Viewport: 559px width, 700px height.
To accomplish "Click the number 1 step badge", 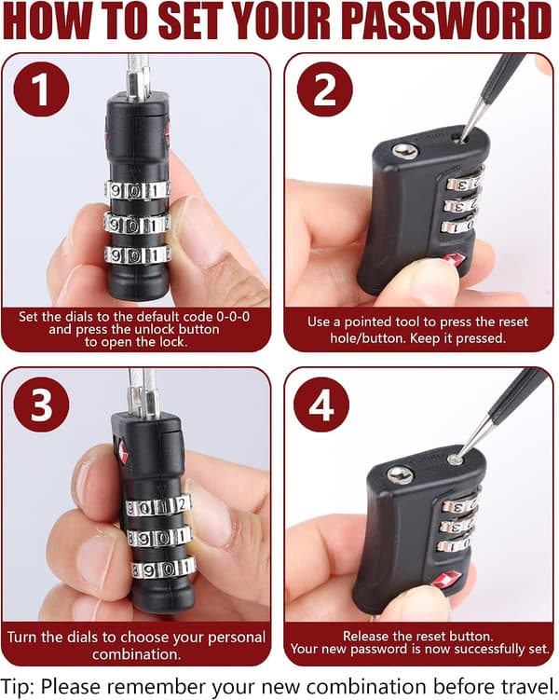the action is pos(42,89).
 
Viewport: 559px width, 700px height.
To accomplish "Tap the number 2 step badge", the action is pos(325,89).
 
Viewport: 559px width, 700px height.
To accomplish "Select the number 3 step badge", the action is pos(42,405).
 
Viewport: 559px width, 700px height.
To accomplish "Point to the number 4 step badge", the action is pos(321,405).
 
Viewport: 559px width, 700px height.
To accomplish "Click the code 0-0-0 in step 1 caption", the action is pos(233,317).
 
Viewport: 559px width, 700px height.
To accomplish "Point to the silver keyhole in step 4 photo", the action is pos(400,475).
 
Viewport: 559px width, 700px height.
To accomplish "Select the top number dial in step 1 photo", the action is pos(138,191).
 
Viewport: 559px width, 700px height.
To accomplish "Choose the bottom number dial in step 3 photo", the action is pos(163,568).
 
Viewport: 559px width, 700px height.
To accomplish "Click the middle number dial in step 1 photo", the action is pos(137,224).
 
